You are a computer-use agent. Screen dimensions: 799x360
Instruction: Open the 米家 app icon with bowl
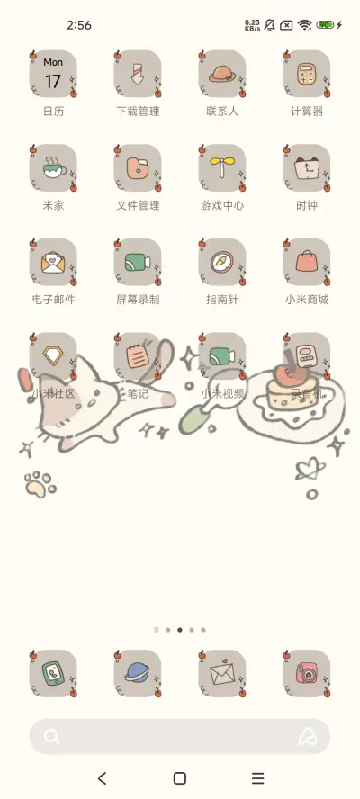(53, 168)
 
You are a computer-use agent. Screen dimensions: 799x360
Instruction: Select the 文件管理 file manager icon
(138, 168)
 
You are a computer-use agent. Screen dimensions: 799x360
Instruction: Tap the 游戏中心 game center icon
(222, 168)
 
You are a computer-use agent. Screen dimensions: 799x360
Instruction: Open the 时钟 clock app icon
(307, 168)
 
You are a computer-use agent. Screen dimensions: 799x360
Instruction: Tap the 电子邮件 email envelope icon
(53, 262)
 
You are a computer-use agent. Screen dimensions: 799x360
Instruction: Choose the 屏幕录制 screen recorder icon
(138, 262)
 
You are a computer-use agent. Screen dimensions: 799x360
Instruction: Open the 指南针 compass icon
(222, 262)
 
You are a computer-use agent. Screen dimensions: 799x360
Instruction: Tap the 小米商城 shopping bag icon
(307, 262)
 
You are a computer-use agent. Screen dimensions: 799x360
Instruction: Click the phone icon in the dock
(53, 674)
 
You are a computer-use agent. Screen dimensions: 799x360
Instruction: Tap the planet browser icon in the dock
(138, 674)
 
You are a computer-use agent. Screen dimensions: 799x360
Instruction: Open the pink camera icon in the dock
(307, 674)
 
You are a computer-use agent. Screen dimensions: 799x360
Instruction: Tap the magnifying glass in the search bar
(52, 737)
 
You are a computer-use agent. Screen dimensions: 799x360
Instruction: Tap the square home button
(180, 778)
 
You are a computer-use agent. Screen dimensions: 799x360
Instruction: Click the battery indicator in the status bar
(325, 25)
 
